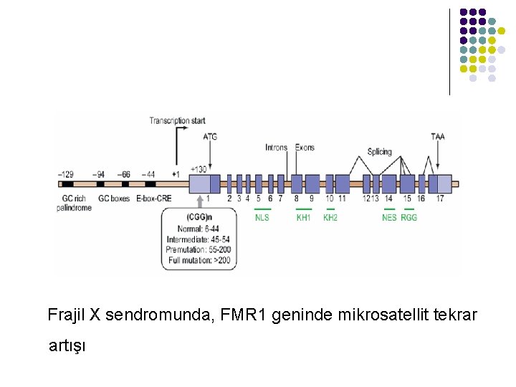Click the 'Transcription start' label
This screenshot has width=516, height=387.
tap(177, 121)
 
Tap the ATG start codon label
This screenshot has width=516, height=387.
tap(211, 136)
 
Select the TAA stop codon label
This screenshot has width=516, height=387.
tap(438, 136)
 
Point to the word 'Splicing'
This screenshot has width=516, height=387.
tap(379, 151)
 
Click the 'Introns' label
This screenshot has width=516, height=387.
tap(276, 148)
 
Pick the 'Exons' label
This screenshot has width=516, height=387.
tap(305, 148)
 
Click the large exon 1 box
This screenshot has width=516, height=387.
tap(200, 183)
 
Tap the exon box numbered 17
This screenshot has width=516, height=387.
tap(439, 183)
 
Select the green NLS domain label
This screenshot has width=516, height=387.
tap(262, 216)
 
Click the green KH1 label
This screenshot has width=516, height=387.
tap(304, 216)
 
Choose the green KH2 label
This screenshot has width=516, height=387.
tap(330, 216)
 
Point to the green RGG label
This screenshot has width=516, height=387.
tap(408, 216)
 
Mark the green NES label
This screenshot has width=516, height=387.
tap(389, 216)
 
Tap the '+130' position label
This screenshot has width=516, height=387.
tap(199, 169)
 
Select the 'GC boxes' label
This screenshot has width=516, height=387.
tap(113, 198)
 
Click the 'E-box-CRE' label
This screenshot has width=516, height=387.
tap(153, 198)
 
